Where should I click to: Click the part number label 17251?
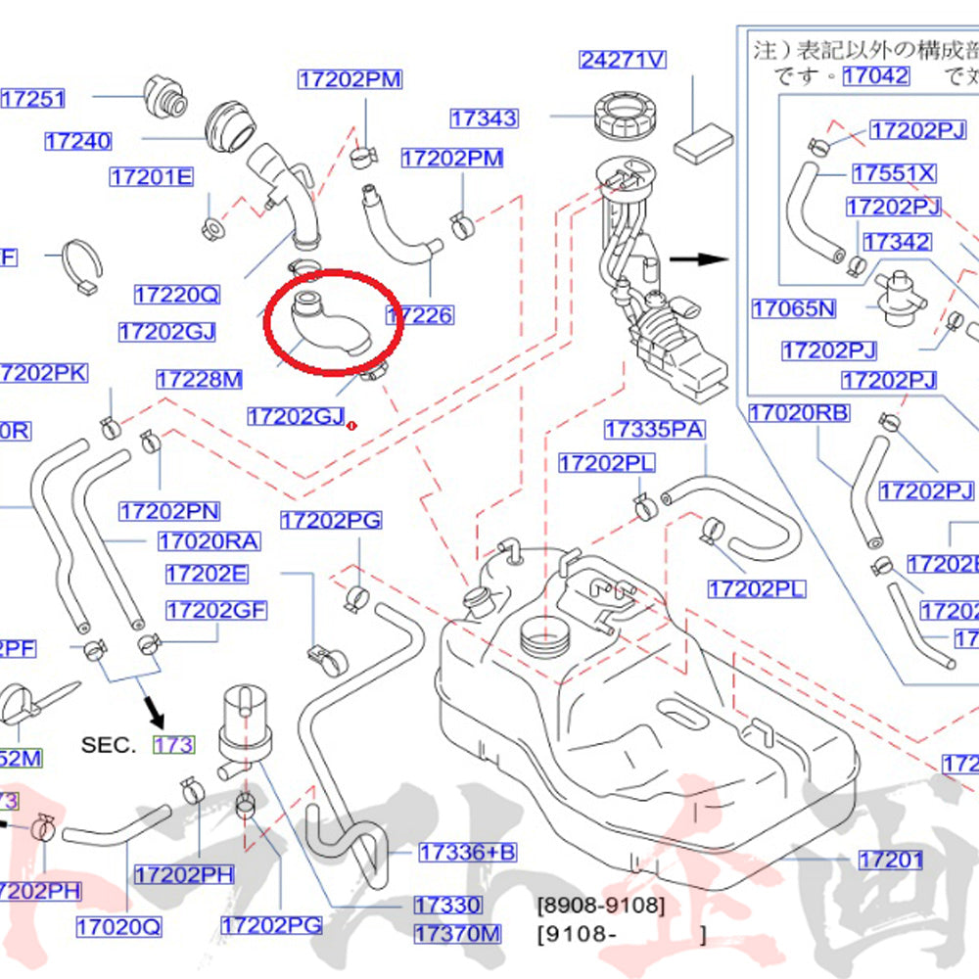[33, 98]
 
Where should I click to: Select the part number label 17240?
[78, 142]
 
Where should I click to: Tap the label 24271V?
[623, 60]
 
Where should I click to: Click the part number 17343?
[485, 118]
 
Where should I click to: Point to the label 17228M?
[200, 379]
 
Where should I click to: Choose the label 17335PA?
[654, 430]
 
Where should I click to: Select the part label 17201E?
[152, 177]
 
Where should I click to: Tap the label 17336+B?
[467, 853]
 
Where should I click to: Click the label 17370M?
[456, 934]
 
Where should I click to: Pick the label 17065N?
[794, 309]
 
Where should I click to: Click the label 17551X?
[893, 173]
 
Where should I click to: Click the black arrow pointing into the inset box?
[698, 260]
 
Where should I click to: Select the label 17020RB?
[799, 413]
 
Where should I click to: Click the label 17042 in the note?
[875, 75]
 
